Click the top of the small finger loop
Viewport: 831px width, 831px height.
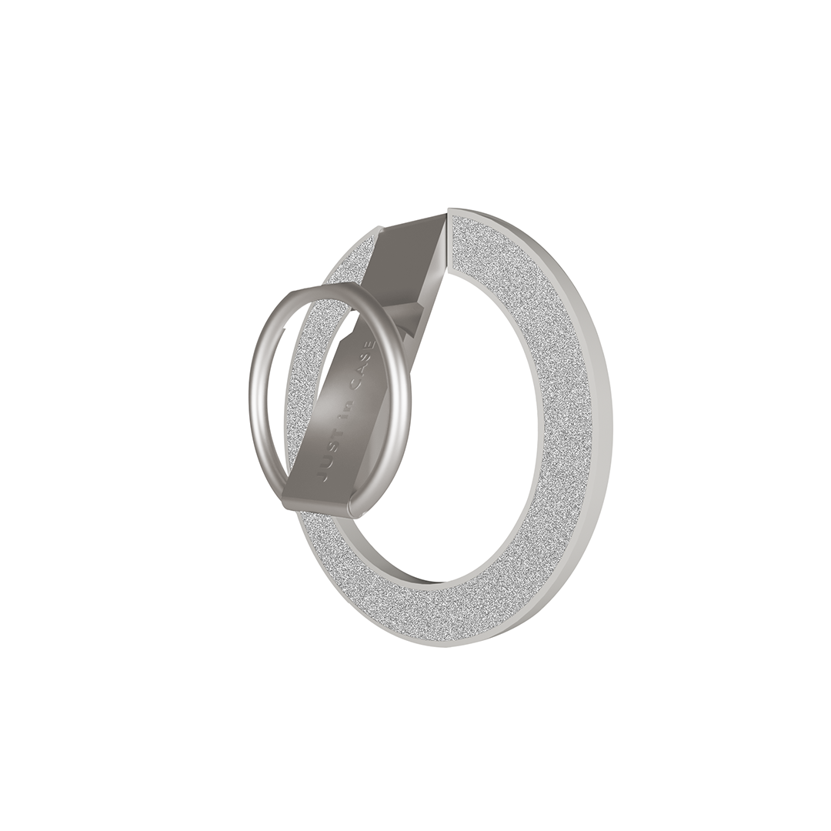pos(329,285)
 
